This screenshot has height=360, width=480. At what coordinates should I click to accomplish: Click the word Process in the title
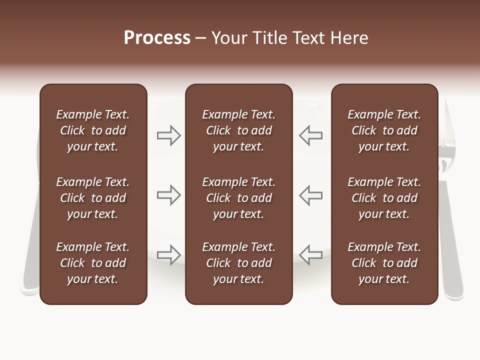157,38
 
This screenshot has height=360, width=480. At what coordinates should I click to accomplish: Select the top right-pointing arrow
168,135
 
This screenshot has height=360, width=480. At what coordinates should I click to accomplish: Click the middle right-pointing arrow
168,195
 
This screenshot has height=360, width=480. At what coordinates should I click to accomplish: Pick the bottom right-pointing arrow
168,255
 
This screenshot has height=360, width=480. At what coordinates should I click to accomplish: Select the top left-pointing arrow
310,135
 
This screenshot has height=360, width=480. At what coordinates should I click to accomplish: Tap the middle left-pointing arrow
310,195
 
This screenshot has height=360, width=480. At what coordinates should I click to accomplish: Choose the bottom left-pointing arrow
310,255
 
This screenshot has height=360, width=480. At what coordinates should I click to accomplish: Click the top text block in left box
93,130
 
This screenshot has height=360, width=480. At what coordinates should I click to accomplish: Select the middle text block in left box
93,198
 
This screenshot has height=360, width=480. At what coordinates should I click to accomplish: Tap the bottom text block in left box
93,263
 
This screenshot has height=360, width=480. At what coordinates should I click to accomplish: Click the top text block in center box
238,130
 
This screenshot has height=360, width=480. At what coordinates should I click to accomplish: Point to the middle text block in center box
238,198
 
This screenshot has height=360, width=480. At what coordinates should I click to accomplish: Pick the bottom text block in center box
238,263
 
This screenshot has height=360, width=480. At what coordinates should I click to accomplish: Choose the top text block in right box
384,130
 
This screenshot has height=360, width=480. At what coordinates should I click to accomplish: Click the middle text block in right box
384,198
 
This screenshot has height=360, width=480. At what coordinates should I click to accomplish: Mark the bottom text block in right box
384,263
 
